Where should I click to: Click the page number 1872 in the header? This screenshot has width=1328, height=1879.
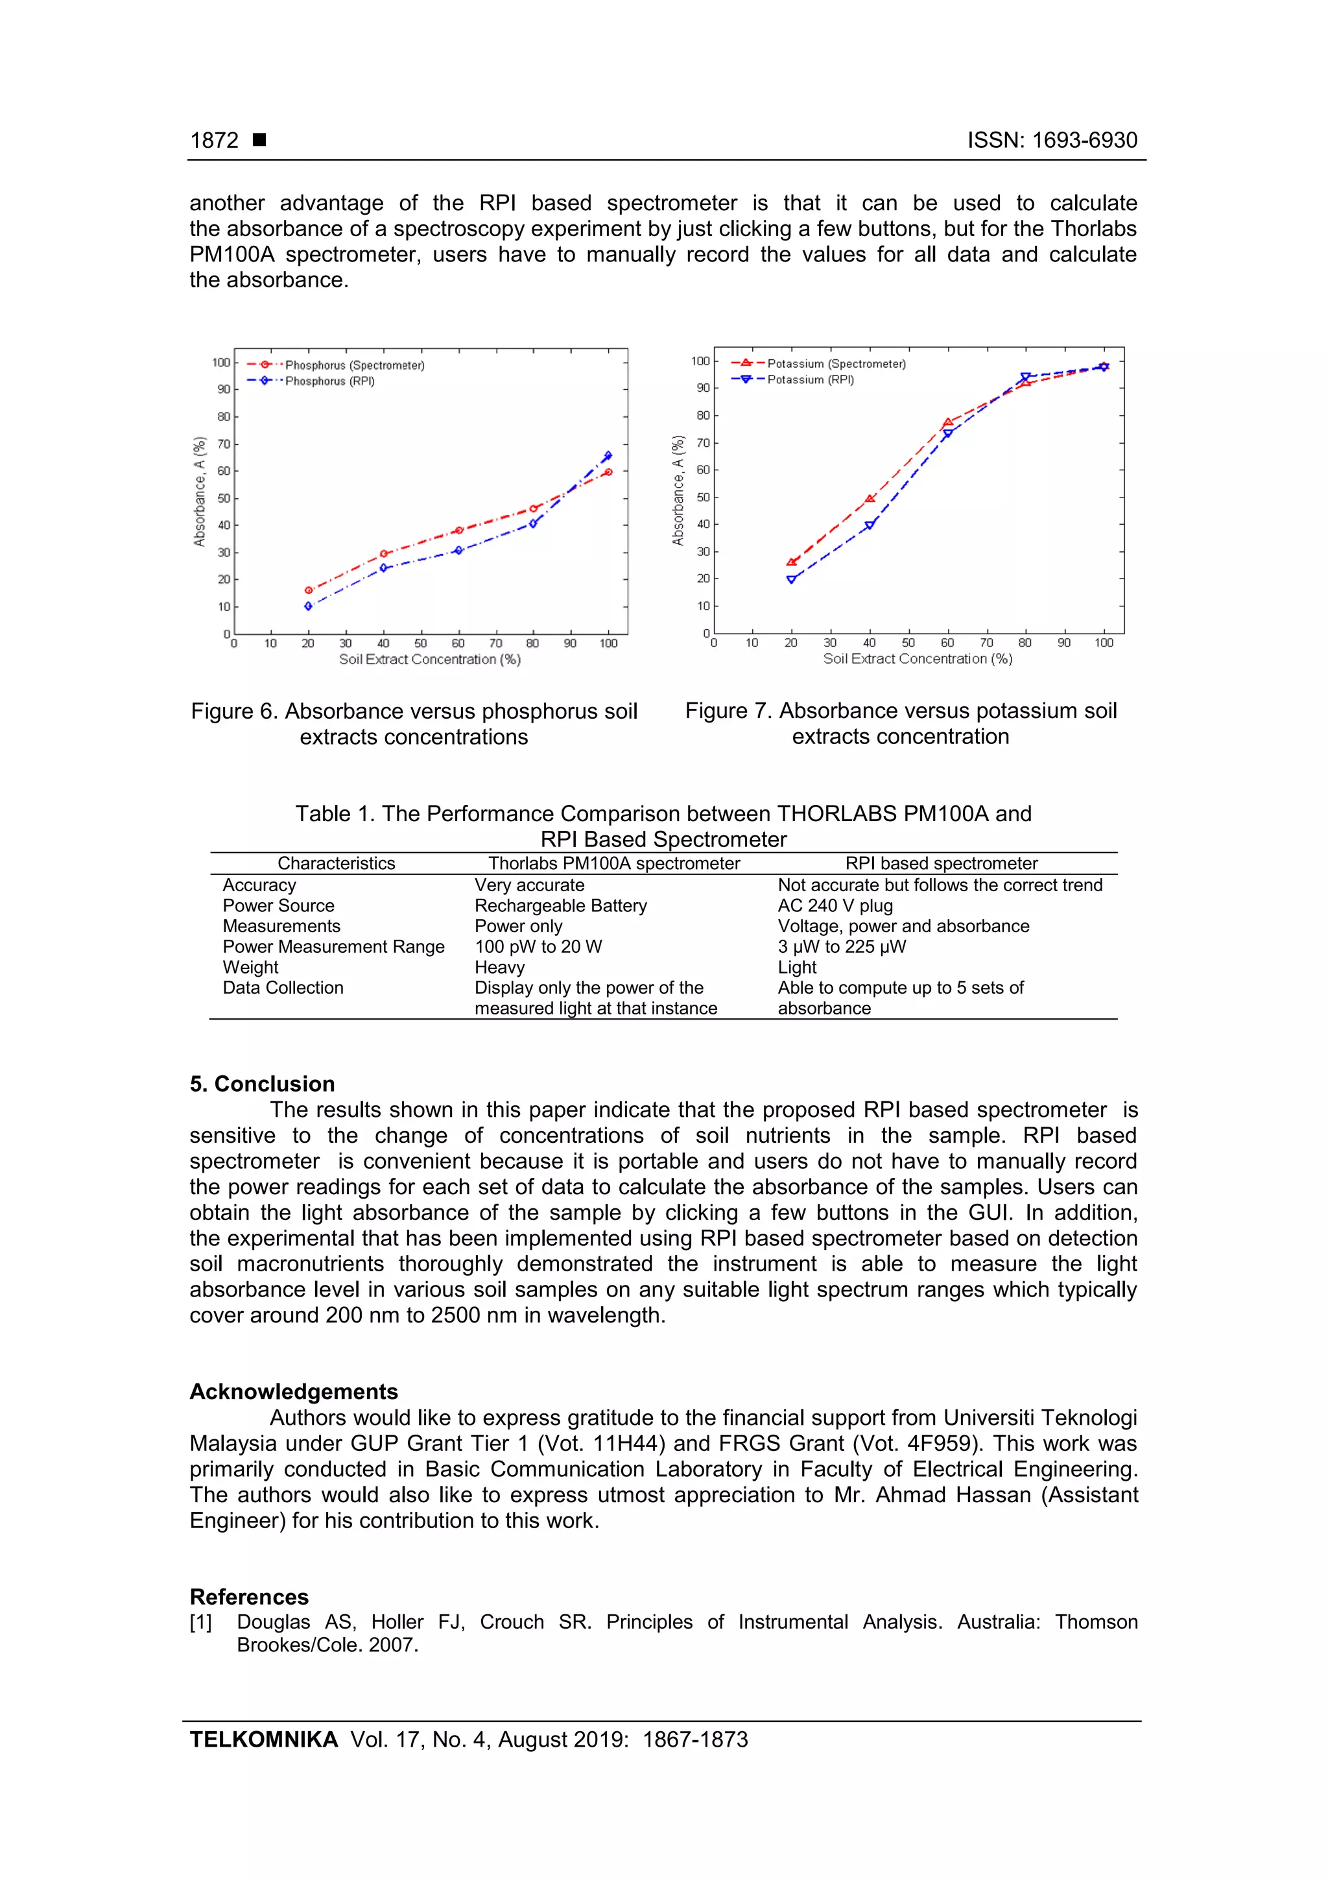coord(215,141)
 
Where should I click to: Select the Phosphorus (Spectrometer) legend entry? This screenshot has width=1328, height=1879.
coord(353,365)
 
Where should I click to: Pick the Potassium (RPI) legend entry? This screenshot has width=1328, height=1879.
coord(809,379)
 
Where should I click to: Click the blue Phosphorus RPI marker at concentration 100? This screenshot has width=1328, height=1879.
coord(608,456)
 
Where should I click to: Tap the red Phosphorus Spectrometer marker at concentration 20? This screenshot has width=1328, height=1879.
coord(309,590)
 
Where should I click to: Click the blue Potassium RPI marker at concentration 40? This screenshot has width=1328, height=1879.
coord(869,525)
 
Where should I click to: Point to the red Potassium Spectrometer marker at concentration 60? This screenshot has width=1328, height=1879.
coord(947,423)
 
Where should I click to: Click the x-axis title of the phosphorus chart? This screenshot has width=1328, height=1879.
coord(429,660)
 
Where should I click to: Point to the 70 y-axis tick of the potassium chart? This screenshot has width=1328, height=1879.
coord(702,443)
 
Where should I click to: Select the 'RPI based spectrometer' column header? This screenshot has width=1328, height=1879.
coord(941,863)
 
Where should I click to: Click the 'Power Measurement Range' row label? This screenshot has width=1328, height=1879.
coord(333,947)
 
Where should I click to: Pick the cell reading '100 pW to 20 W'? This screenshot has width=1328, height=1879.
coord(538,947)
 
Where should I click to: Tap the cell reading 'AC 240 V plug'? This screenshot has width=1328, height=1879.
coord(835,906)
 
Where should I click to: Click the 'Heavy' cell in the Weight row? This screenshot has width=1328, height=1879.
coord(499,967)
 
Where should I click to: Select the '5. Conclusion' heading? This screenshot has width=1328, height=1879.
coord(262,1084)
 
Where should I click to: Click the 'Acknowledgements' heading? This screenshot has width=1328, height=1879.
coord(294,1391)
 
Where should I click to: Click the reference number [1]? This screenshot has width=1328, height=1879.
coord(200,1622)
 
